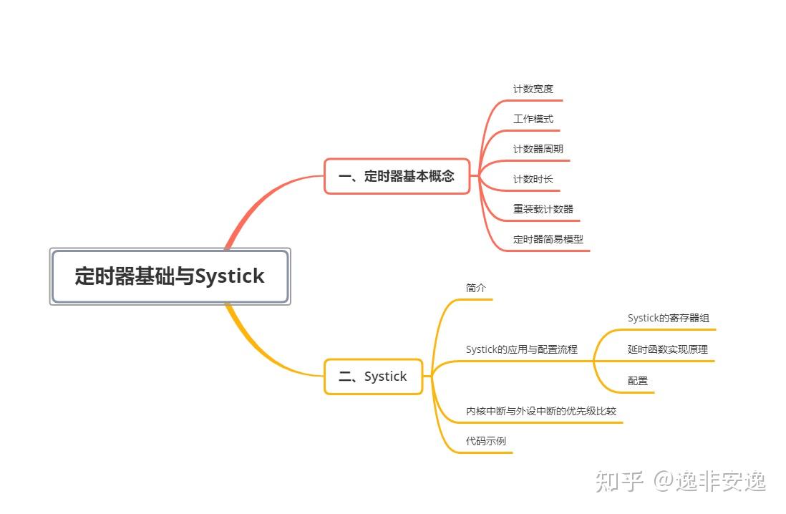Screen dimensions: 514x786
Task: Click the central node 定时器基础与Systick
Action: point(170,276)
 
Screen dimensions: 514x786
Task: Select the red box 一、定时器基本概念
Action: point(397,176)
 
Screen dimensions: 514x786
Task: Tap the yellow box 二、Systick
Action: point(373,377)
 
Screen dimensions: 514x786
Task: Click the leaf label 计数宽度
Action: point(533,89)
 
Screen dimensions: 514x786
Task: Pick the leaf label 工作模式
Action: point(533,120)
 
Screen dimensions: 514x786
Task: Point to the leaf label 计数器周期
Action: point(538,150)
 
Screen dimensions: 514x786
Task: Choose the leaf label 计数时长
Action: point(533,180)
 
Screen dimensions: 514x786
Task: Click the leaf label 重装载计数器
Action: point(543,210)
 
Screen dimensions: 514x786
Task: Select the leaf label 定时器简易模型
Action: point(548,240)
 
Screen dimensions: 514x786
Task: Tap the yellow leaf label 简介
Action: point(475,288)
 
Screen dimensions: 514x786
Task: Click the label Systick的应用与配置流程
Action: point(521,349)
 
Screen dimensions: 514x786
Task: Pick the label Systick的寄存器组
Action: point(668,318)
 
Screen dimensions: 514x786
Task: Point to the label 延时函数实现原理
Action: point(667,349)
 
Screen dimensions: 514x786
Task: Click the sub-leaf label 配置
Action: point(637,381)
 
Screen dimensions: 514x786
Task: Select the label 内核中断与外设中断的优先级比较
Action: point(540,411)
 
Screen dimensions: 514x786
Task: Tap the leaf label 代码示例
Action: point(485,441)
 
